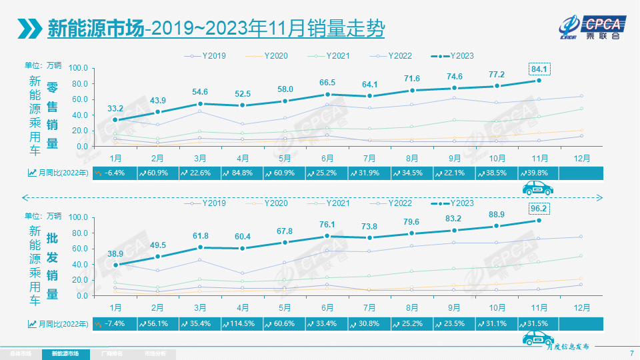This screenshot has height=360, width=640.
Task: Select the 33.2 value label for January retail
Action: click(x=115, y=107)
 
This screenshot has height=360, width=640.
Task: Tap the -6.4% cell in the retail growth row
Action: click(x=115, y=173)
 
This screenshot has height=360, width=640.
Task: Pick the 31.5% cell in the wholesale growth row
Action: click(x=539, y=323)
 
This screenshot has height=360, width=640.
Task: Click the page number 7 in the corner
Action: click(x=631, y=353)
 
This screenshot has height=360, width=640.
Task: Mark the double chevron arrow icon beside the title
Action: click(x=29, y=29)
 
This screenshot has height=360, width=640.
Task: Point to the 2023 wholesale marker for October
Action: click(x=497, y=226)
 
